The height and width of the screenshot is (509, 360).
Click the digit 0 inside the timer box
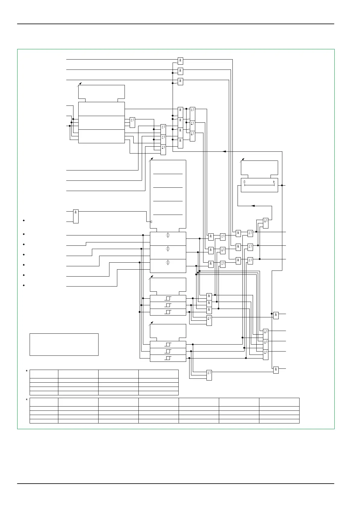click(245, 182)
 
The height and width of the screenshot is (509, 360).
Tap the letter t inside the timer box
click(274, 182)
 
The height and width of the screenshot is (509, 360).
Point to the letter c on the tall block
click(151, 222)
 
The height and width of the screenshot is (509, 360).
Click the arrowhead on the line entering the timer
click(253, 206)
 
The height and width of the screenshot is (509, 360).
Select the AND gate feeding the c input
click(76, 216)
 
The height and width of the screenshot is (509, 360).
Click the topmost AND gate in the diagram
click(180, 61)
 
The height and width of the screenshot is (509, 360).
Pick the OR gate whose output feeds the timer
click(266, 223)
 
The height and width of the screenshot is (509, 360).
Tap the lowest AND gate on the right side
click(276, 370)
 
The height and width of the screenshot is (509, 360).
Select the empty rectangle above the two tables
click(64, 345)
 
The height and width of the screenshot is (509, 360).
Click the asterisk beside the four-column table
click(27, 371)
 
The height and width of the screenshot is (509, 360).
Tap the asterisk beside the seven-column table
click(27, 400)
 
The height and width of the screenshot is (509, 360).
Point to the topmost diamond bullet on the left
click(24, 220)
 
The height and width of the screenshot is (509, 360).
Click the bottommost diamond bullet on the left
click(24, 285)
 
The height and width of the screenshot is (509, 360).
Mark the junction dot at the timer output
click(282, 185)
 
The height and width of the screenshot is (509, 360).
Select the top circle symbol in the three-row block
click(168, 235)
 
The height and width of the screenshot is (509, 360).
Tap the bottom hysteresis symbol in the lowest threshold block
click(168, 358)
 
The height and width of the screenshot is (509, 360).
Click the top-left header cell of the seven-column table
click(44, 402)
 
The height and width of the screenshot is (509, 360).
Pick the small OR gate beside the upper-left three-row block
click(132, 122)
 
